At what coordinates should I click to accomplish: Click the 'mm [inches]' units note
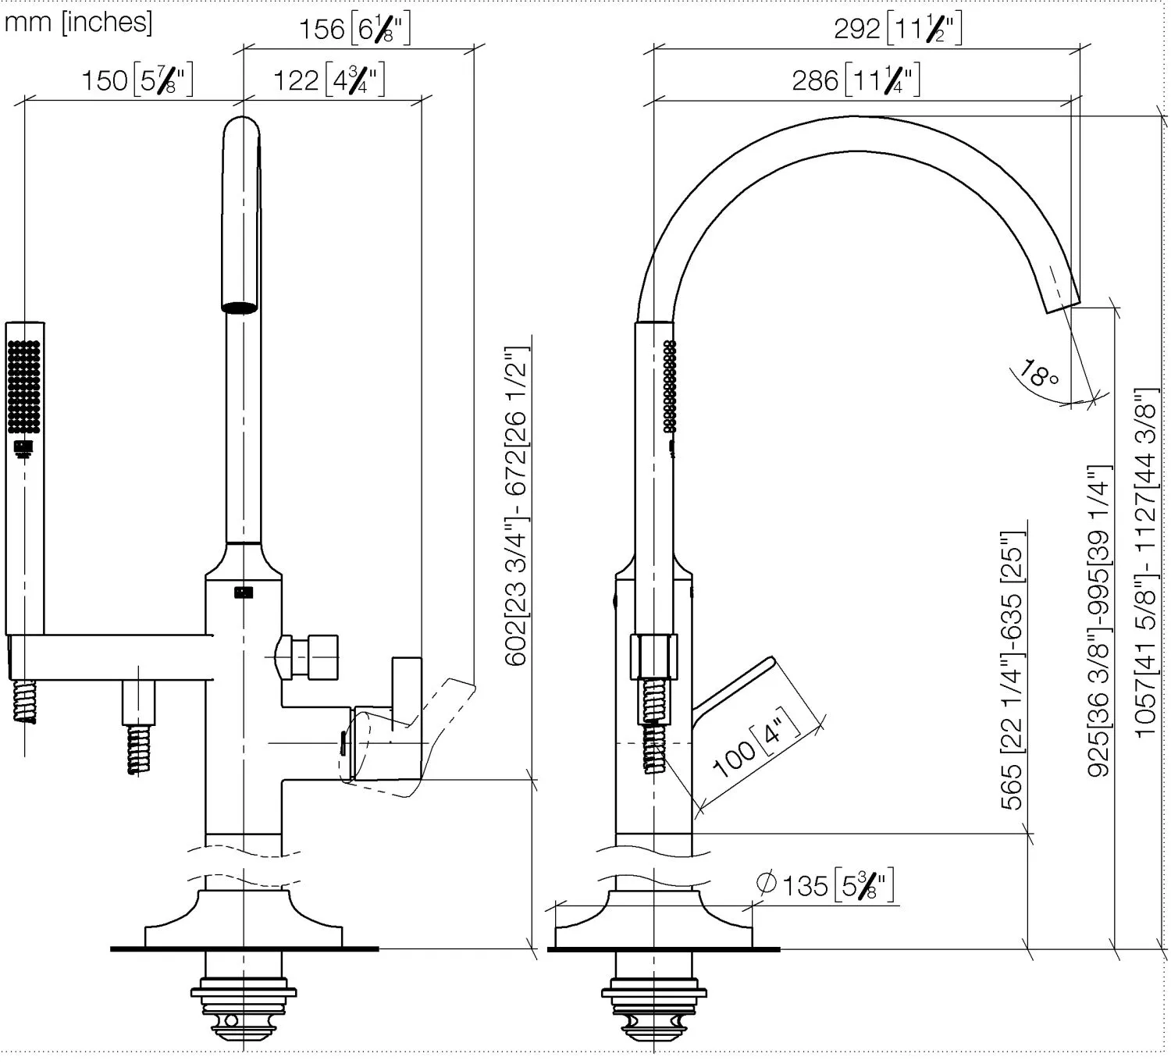[x=78, y=22]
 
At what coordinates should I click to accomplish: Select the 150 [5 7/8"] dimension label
[x=137, y=80]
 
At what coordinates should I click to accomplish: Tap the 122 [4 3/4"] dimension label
[x=329, y=80]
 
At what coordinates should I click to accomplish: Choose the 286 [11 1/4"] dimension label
[x=856, y=80]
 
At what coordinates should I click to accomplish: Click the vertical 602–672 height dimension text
[x=516, y=507]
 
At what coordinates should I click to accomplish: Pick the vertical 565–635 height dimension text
[x=1013, y=670]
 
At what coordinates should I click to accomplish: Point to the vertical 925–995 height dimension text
[x=1098, y=621]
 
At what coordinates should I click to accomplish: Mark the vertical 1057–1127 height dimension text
[x=1145, y=562]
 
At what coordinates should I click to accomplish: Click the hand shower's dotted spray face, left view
[x=24, y=387]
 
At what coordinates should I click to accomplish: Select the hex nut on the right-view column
[x=653, y=657]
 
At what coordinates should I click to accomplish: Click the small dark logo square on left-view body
[x=244, y=592]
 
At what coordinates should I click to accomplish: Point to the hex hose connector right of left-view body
[x=308, y=657]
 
